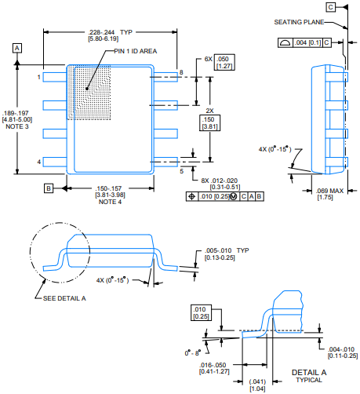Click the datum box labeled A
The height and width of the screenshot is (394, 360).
(x=17, y=48)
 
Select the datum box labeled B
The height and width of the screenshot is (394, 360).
(x=49, y=188)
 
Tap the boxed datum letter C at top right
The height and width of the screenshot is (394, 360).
(x=331, y=7)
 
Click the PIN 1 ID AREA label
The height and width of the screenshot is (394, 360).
(x=136, y=51)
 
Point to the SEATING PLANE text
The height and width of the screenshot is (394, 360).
(x=299, y=22)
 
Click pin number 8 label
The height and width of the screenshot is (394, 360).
(x=181, y=72)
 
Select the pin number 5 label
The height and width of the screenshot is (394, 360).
(x=181, y=171)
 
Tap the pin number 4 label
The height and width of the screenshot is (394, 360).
(x=39, y=162)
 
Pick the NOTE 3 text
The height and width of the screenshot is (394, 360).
(x=17, y=126)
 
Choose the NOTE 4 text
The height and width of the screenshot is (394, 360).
(x=110, y=202)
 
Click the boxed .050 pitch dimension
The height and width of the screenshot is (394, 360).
(x=224, y=62)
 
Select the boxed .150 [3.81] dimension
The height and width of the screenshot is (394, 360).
(x=209, y=123)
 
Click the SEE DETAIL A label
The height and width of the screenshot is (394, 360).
(x=64, y=298)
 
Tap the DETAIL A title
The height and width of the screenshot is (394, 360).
(x=309, y=372)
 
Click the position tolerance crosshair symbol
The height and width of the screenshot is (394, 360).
(x=192, y=196)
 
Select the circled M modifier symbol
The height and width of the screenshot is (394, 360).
(x=234, y=196)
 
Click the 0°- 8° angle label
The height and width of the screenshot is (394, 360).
(x=193, y=353)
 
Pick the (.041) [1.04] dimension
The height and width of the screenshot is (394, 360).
(x=257, y=385)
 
